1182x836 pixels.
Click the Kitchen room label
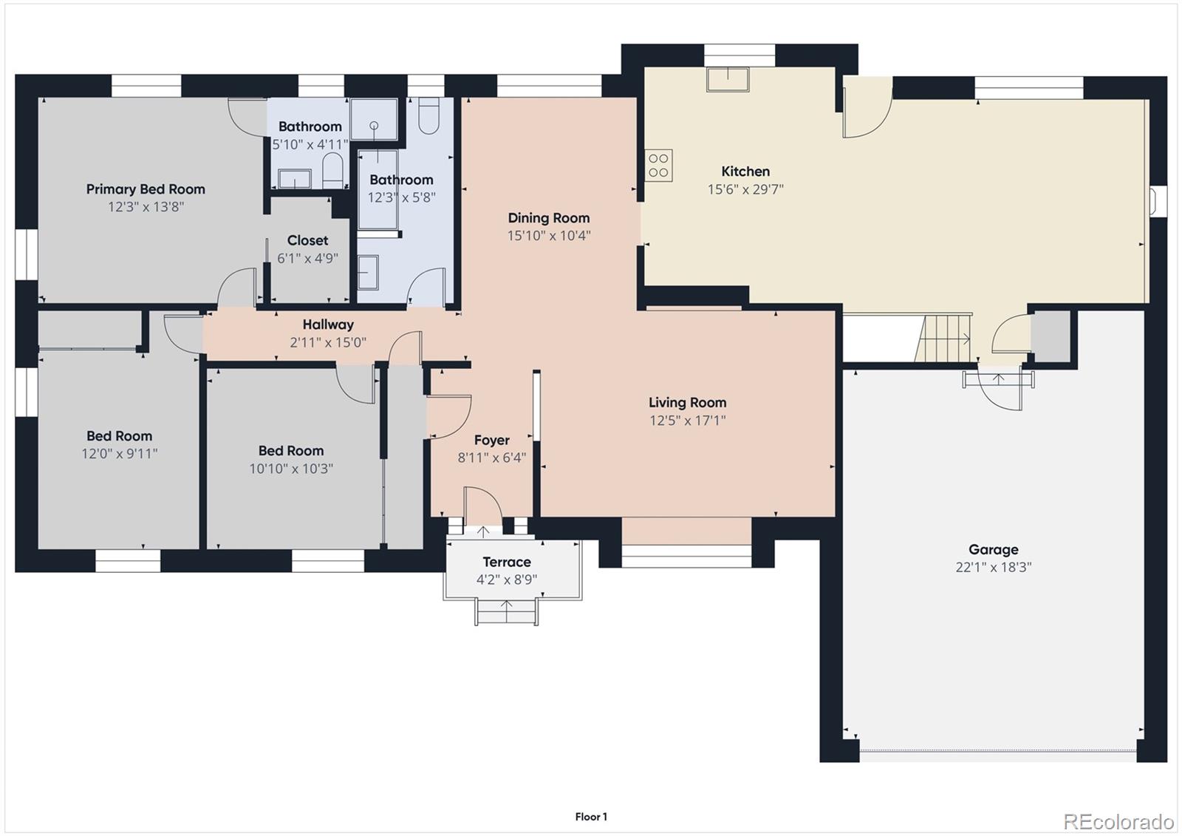click(745, 171)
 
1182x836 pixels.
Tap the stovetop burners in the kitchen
click(658, 166)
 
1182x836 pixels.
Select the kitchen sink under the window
click(728, 78)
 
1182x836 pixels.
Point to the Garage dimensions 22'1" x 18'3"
click(993, 568)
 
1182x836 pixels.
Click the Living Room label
click(687, 403)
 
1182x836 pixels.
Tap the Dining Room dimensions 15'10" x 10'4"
click(548, 236)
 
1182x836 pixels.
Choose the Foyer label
click(491, 441)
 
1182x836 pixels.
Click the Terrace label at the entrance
click(506, 563)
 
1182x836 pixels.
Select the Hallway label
click(328, 324)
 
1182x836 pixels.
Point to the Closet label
click(307, 241)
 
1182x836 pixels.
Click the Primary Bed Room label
click(146, 189)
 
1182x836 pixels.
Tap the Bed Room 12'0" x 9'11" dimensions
click(119, 454)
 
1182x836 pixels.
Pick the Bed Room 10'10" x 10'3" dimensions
click(290, 469)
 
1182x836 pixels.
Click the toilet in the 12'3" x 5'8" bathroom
click(428, 115)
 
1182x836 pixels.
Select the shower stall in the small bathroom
click(374, 119)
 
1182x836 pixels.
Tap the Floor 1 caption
click(591, 817)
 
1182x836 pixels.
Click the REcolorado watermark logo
click(1118, 821)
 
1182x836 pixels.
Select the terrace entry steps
click(507, 613)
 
